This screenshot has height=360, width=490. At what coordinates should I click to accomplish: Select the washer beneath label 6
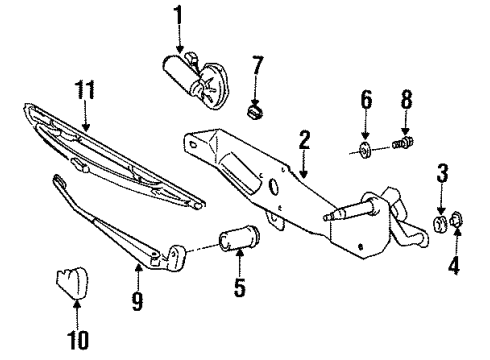(x=364, y=152)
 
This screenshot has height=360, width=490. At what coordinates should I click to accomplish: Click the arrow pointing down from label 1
(x=181, y=40)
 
